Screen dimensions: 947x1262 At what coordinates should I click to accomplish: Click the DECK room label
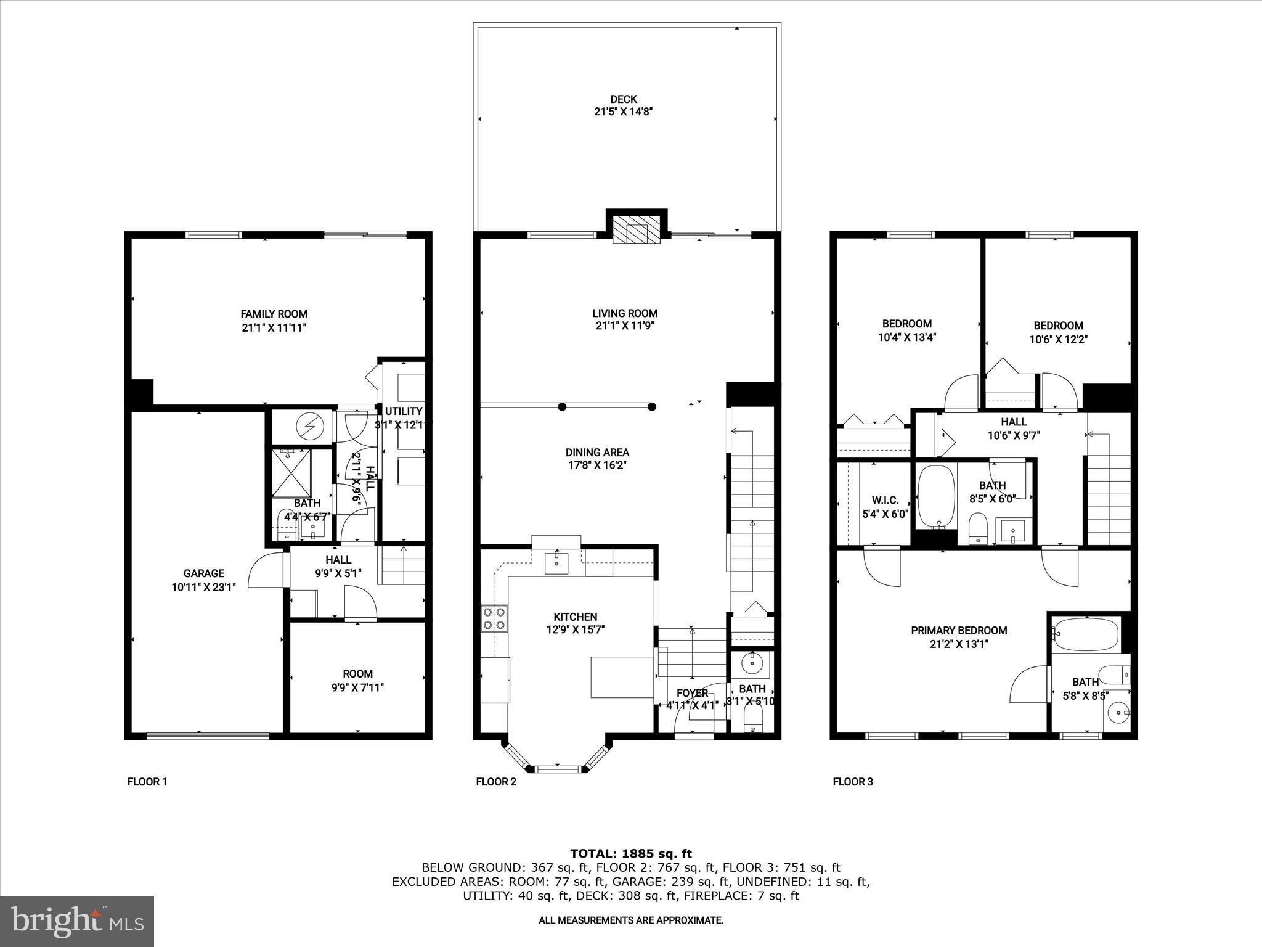pyautogui.click(x=623, y=99)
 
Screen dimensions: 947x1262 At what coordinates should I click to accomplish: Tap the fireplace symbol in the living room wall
pyautogui.click(x=637, y=233)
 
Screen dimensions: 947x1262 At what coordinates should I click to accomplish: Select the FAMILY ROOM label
pyautogui.click(x=274, y=314)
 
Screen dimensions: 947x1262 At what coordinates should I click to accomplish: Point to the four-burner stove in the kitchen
pyautogui.click(x=494, y=618)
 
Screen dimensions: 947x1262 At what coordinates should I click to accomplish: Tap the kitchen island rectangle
pyautogui.click(x=622, y=677)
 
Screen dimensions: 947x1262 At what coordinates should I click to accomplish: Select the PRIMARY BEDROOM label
pyautogui.click(x=959, y=630)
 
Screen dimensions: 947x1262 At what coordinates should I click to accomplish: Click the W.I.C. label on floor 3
pyautogui.click(x=885, y=500)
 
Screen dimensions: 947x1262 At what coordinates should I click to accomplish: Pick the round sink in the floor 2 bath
pyautogui.click(x=752, y=663)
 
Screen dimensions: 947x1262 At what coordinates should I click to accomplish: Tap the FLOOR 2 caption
pyautogui.click(x=496, y=782)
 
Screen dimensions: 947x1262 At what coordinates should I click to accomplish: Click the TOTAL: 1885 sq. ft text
pyautogui.click(x=630, y=853)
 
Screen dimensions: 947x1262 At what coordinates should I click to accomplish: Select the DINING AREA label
pyautogui.click(x=597, y=453)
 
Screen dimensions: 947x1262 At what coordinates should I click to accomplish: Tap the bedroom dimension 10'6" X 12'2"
pyautogui.click(x=1058, y=339)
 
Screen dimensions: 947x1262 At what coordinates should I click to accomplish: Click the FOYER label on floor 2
pyautogui.click(x=691, y=693)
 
